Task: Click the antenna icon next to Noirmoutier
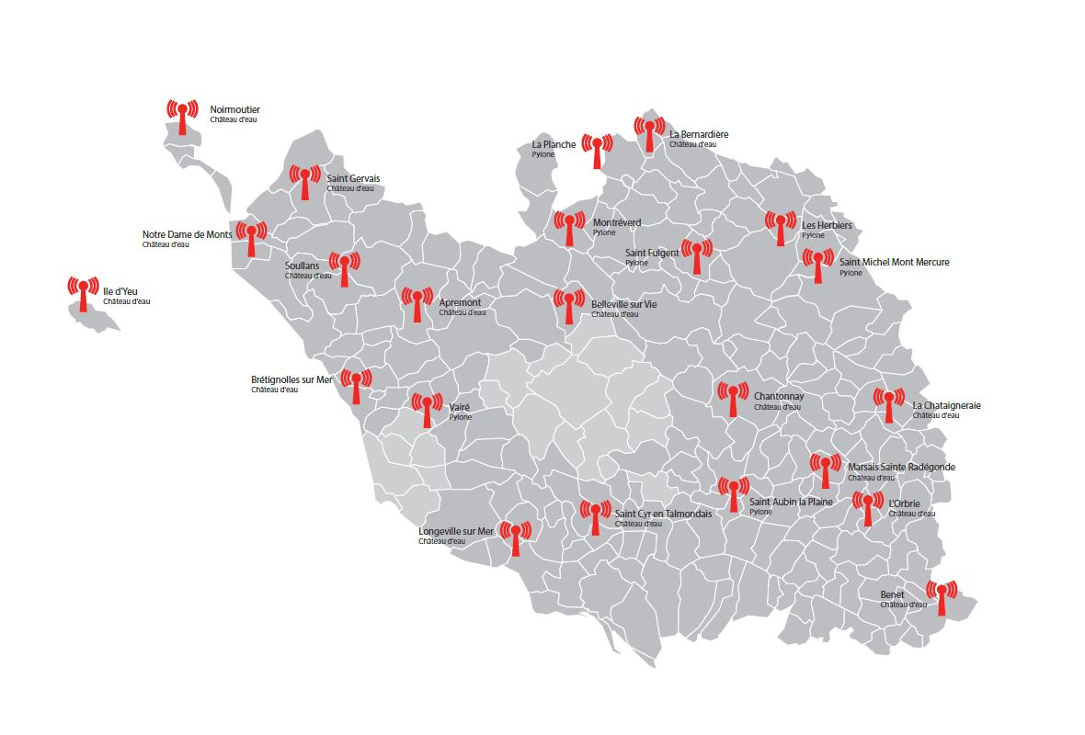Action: [182, 117]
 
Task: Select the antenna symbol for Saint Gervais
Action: [304, 182]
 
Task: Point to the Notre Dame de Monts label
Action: [187, 234]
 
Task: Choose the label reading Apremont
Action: [460, 302]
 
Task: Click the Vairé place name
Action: [459, 406]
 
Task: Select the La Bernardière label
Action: [699, 134]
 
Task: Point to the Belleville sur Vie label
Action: [624, 304]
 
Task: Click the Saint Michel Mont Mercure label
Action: [894, 262]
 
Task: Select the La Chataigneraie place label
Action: [946, 405]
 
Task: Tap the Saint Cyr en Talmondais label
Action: [663, 514]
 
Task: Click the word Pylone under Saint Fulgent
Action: [636, 264]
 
